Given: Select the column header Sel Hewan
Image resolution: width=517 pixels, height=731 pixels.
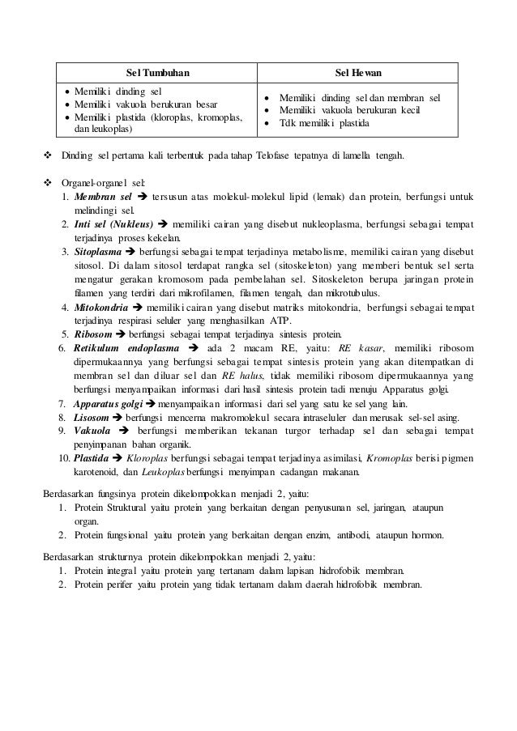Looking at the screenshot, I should pyautogui.click(x=357, y=72).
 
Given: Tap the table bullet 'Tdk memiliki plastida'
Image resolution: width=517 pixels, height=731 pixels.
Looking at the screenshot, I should pyautogui.click(x=323, y=124).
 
